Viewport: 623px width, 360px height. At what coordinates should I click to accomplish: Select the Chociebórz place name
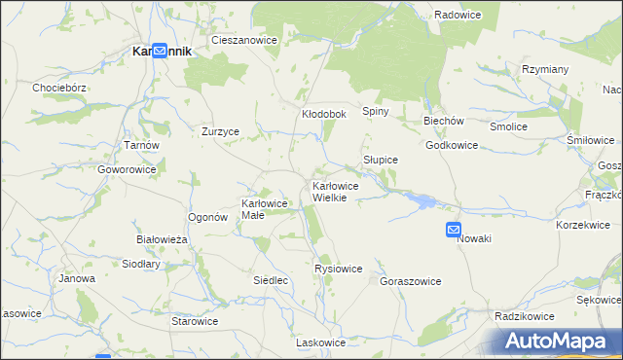(60, 87)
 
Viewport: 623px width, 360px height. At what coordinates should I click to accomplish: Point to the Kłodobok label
(324, 114)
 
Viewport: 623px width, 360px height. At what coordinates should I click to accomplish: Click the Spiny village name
(376, 111)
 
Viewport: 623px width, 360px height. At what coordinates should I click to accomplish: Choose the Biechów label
(443, 121)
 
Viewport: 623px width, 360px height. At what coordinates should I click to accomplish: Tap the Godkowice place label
(452, 145)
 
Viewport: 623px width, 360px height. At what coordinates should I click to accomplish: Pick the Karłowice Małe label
(264, 209)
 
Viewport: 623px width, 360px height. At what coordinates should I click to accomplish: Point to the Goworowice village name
(127, 168)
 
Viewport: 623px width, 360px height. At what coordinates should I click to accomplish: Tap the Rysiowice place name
(339, 269)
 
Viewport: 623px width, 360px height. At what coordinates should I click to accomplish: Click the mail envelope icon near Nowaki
(454, 230)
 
